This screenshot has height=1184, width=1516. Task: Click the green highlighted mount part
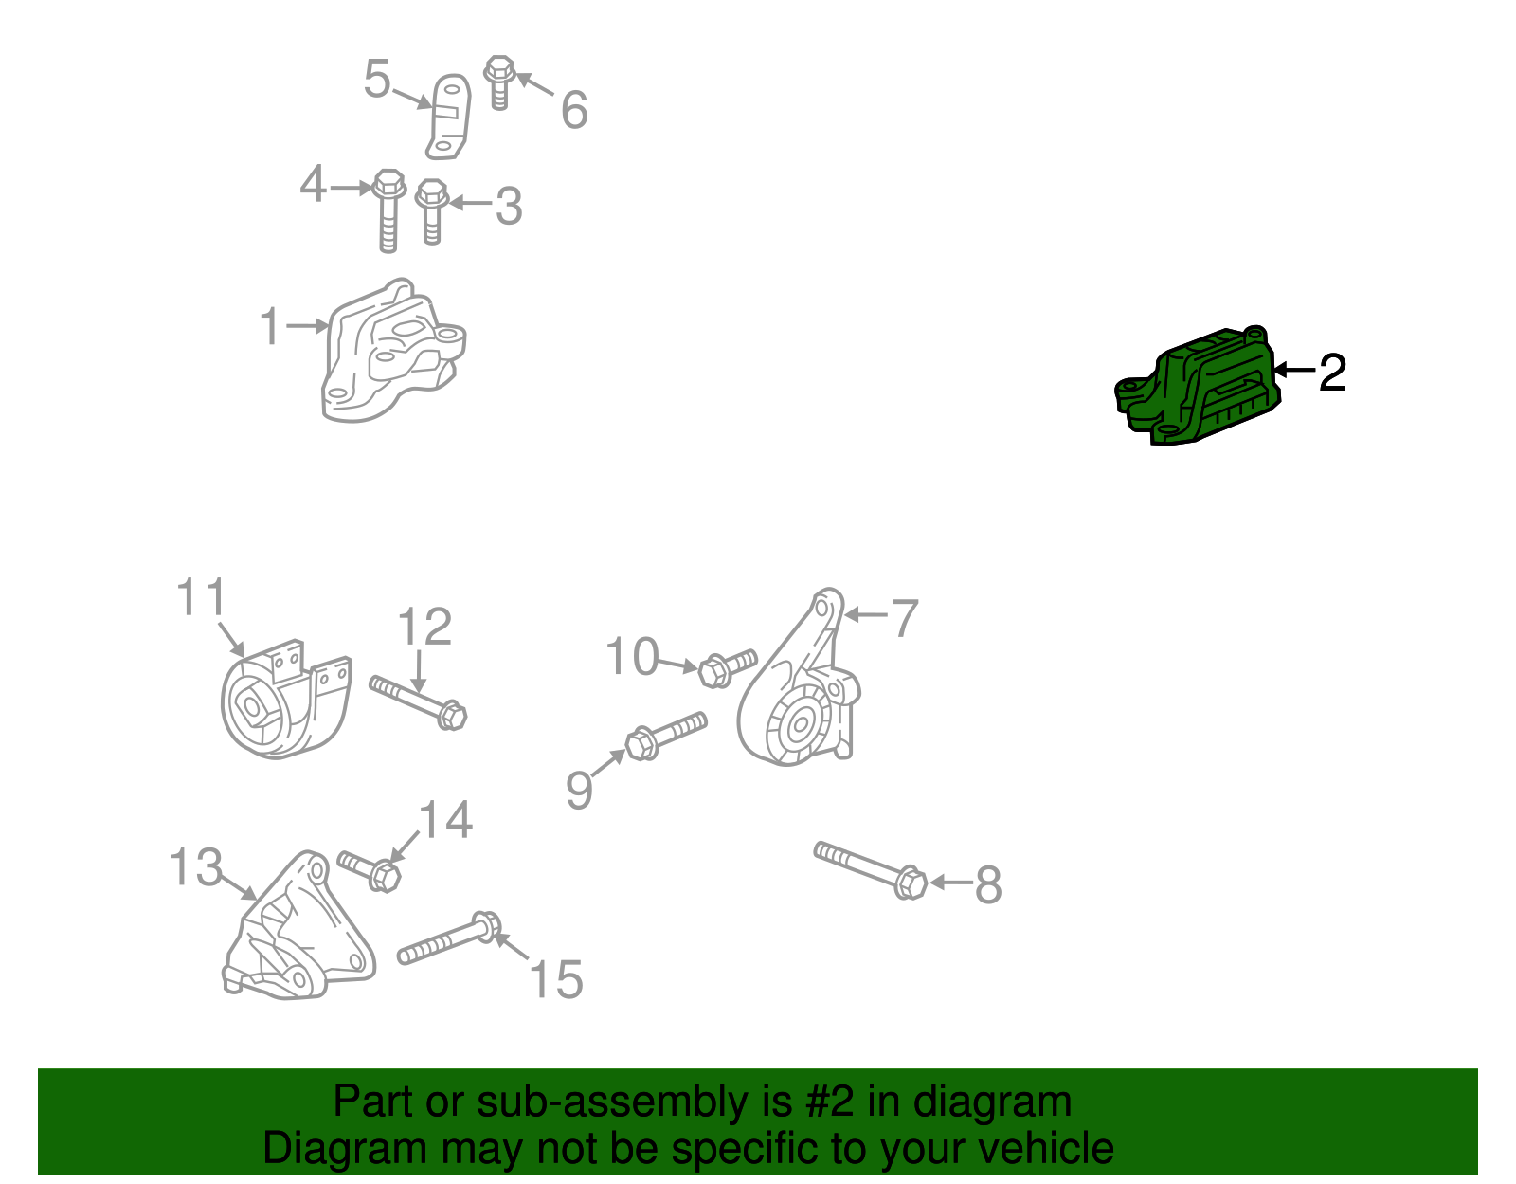[x=1197, y=387]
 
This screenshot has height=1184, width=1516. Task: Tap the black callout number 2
[x=1332, y=373]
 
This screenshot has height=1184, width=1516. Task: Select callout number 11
[x=201, y=597]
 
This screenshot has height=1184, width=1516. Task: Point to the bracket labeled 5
[x=447, y=117]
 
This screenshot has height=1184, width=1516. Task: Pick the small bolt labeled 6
[x=498, y=82]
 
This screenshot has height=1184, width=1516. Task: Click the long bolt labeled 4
[x=388, y=210]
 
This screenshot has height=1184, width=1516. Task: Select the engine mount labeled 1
[x=393, y=351]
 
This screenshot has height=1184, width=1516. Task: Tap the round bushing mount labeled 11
[x=284, y=700]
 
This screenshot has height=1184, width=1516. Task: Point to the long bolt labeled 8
[x=870, y=870]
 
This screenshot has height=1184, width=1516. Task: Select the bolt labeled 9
[x=666, y=737]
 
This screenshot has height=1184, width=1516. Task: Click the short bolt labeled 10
[x=727, y=668]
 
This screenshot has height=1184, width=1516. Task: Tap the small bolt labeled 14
[x=370, y=871]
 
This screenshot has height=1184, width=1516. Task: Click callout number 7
[x=906, y=617]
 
